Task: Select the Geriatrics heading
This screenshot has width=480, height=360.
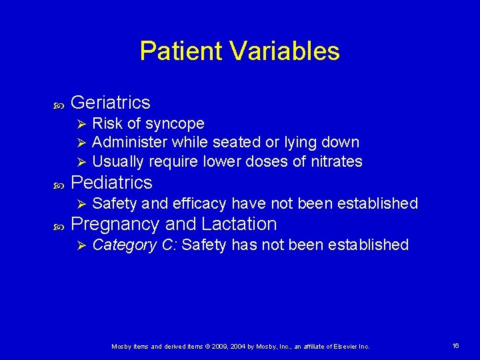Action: pos(110,103)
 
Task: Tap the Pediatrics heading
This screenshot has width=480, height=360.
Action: pos(111,183)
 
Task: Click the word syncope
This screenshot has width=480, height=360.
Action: pos(175,124)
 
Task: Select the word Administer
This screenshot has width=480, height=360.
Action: pos(130,142)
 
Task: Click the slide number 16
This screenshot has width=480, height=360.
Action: pos(456,346)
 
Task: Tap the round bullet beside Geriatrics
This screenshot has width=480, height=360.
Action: pos(57,105)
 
